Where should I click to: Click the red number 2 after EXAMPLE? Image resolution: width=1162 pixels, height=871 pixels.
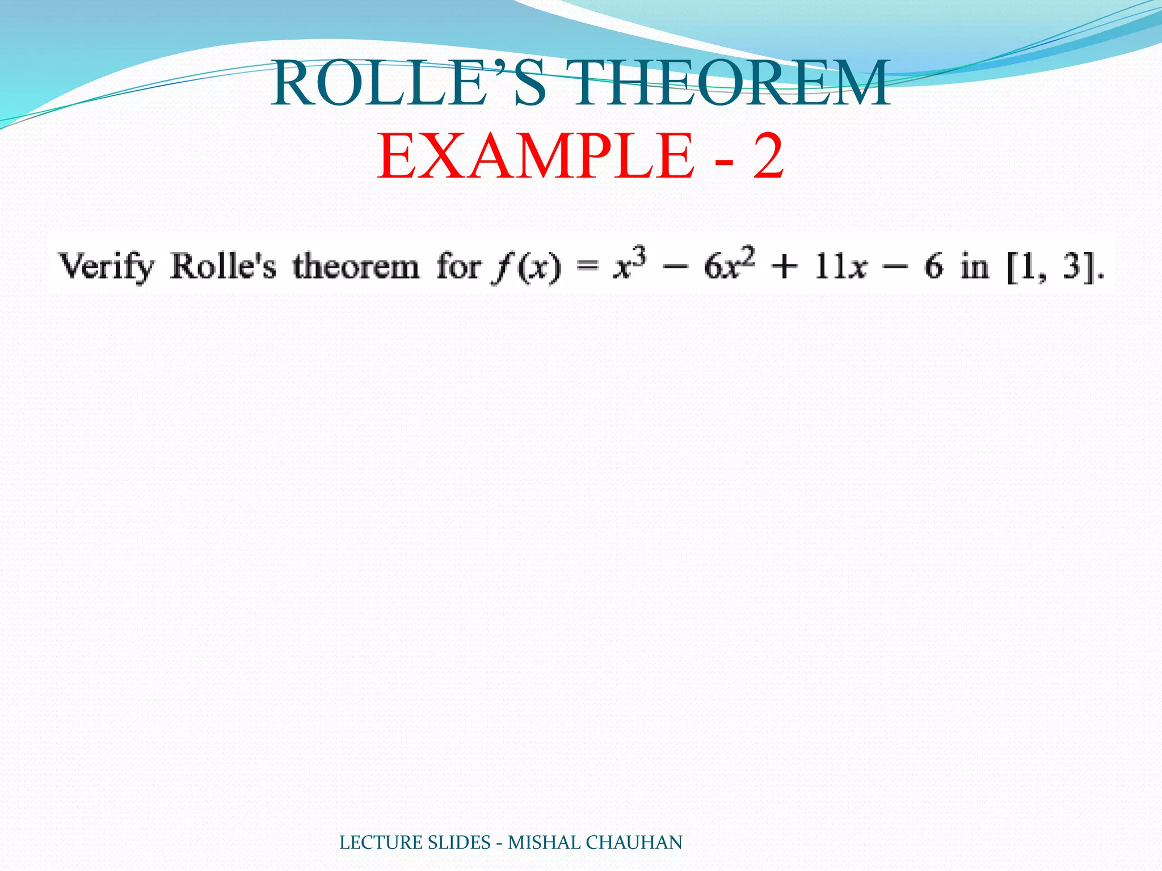click(x=768, y=155)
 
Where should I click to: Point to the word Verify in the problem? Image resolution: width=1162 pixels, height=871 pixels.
click(x=107, y=266)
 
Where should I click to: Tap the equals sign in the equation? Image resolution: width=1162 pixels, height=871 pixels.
click(x=587, y=267)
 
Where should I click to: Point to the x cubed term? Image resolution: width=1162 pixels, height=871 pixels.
click(x=629, y=264)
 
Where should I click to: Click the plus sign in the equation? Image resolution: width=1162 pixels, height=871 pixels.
click(x=785, y=267)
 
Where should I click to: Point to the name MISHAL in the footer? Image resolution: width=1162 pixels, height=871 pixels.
click(x=544, y=843)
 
